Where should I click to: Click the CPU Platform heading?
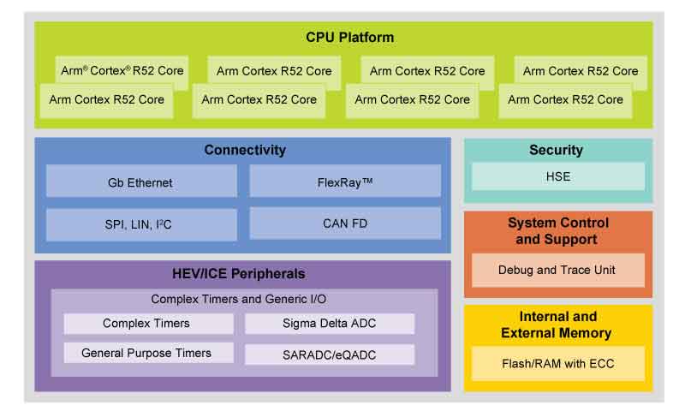[349, 38]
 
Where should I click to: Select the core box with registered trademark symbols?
[122, 71]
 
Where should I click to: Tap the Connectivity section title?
[245, 151]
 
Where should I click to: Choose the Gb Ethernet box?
[140, 182]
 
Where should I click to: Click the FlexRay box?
[345, 182]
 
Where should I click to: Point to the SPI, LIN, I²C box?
[140, 224]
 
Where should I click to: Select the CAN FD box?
[345, 223]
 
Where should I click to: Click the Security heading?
[556, 151]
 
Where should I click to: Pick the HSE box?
[557, 177]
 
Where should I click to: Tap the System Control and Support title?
[557, 231]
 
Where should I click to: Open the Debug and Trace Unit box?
[557, 270]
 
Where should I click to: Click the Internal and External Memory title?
[557, 325]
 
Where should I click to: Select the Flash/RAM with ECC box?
[557, 363]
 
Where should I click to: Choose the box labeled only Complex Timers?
[147, 324]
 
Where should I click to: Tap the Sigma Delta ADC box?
[330, 324]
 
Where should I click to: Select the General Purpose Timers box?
[147, 353]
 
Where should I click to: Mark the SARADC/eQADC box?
[330, 354]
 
